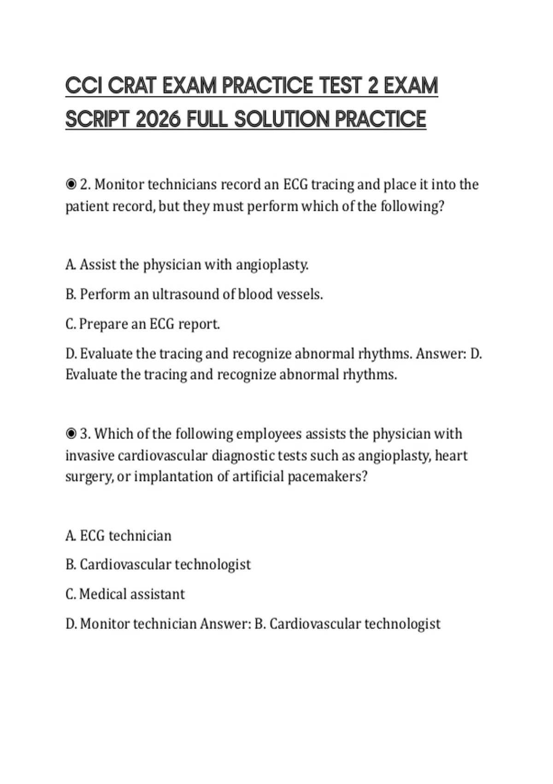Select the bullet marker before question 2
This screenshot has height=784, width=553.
(71, 184)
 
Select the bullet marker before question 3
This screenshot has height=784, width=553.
(71, 434)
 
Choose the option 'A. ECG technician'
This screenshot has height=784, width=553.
(118, 535)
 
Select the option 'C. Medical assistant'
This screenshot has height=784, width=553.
(125, 594)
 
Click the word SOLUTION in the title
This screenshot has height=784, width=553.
(282, 119)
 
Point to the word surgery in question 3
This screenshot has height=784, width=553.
(88, 477)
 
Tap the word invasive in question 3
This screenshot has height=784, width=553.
(89, 456)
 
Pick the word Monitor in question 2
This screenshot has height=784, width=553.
(118, 184)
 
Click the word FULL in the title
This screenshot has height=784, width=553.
(207, 119)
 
